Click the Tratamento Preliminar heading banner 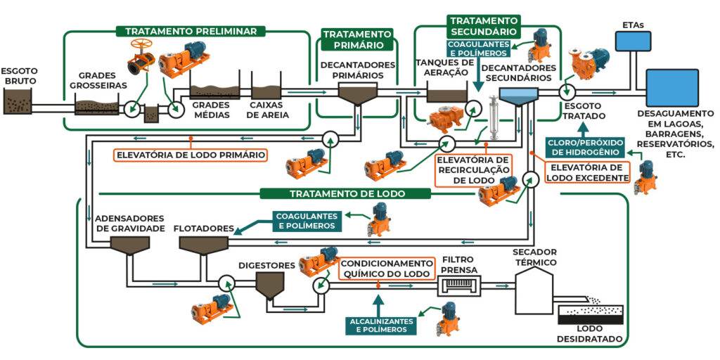(x=191, y=32)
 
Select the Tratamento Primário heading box (x=356, y=39)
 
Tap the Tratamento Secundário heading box (x=484, y=26)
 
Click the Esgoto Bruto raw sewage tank (x=18, y=104)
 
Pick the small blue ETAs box (x=634, y=41)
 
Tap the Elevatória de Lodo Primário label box (x=191, y=155)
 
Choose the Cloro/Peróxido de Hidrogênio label (x=583, y=147)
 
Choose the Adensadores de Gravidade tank (x=130, y=245)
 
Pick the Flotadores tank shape (x=203, y=245)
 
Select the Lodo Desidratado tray (x=590, y=315)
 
